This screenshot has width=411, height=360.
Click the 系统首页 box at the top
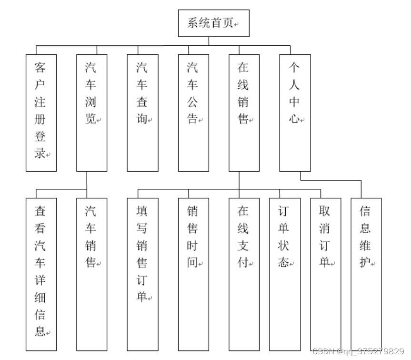(x=213, y=23)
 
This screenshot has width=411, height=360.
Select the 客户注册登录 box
(x=41, y=113)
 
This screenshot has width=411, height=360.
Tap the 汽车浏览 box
(x=91, y=113)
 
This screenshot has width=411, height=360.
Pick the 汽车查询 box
(x=142, y=113)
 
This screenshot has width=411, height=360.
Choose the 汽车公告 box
(x=193, y=113)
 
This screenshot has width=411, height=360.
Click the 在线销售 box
(x=244, y=113)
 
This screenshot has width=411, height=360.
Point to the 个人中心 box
(x=295, y=113)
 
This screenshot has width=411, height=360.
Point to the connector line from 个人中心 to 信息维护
(x=333, y=181)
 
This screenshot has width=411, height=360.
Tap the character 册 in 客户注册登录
(x=40, y=119)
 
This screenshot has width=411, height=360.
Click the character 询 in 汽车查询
(x=141, y=119)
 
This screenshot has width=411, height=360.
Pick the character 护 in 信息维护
(x=365, y=262)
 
